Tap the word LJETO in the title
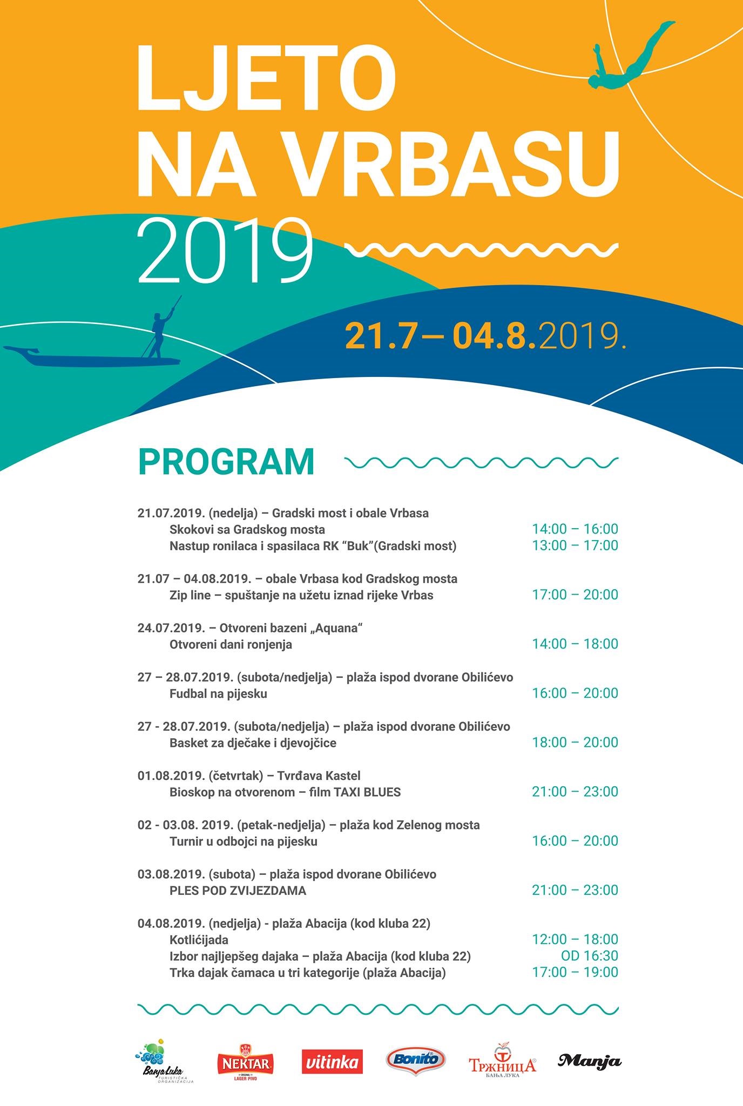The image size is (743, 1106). pos(267,77)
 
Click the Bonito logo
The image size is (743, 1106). pos(416,1059)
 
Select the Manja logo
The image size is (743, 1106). pos(589,1061)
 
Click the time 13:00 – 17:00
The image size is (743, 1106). pos(575,545)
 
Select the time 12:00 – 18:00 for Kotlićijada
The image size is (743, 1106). pos(575,939)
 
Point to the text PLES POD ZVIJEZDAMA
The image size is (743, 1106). pos(238,891)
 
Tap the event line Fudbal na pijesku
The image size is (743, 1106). pos(218,693)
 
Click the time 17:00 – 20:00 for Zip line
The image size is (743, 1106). pos(575,595)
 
